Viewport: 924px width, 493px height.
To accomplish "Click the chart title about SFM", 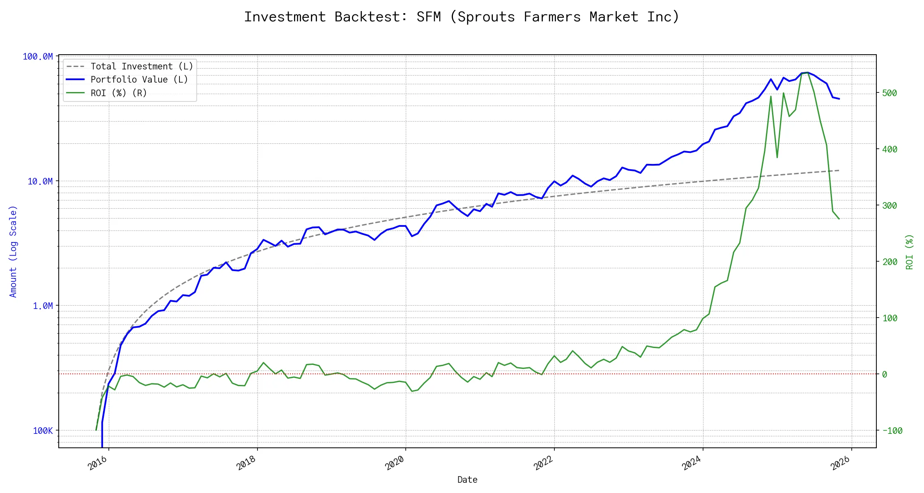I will (462, 17).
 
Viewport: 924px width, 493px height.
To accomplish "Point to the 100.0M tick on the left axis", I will (38, 57).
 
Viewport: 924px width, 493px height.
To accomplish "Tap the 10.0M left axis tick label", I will (40, 182).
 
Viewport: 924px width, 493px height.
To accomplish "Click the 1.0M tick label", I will (43, 306).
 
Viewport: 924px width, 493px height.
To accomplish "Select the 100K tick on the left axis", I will (43, 431).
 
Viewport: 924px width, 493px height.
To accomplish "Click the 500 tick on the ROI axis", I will (890, 93).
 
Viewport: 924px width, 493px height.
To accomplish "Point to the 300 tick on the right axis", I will (890, 206).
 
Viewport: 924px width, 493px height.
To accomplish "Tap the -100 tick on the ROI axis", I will (892, 431).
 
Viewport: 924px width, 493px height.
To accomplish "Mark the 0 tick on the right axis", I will (885, 375).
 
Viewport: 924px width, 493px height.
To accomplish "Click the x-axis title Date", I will (467, 480).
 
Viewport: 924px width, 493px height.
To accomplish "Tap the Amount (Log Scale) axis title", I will (13, 251).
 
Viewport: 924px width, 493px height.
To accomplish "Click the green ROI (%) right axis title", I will (910, 252).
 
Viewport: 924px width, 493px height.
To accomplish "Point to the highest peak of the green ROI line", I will (808, 73).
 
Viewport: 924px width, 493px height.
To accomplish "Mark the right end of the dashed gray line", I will (839, 170).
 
